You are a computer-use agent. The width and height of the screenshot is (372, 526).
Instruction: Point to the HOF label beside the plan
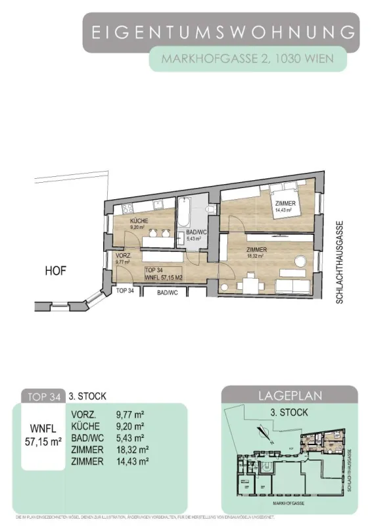point(56,270)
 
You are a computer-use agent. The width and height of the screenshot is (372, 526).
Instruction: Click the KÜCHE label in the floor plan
point(139,221)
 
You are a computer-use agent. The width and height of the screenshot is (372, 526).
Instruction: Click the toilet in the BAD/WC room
point(209,209)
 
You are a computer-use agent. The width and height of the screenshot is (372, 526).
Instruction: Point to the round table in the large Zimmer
point(299,260)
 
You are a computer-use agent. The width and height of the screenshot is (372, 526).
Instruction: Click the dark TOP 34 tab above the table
point(42,396)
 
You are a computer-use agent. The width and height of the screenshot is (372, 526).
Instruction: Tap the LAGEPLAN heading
point(289,396)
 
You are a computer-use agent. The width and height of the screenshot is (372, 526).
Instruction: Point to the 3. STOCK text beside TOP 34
point(88,396)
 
